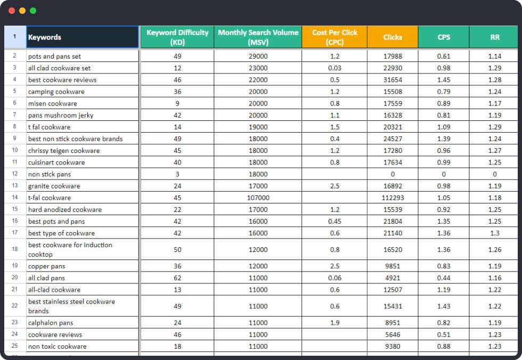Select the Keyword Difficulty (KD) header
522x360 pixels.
177,37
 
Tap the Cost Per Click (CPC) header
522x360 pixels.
335,37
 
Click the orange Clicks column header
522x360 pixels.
393,37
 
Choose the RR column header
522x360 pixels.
495,37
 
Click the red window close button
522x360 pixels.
12,11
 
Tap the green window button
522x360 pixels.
33,11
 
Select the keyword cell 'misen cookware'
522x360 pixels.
53,103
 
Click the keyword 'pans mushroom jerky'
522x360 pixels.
61,115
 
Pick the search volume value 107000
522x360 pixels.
258,198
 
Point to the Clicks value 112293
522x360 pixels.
393,198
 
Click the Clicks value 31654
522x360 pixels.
393,80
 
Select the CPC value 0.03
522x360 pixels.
335,68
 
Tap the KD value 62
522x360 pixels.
177,278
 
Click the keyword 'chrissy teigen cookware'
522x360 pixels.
64,151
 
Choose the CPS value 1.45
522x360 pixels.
444,80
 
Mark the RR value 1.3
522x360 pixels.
495,233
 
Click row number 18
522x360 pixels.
15,249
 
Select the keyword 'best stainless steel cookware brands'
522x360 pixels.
71,306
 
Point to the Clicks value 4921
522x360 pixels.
393,278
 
